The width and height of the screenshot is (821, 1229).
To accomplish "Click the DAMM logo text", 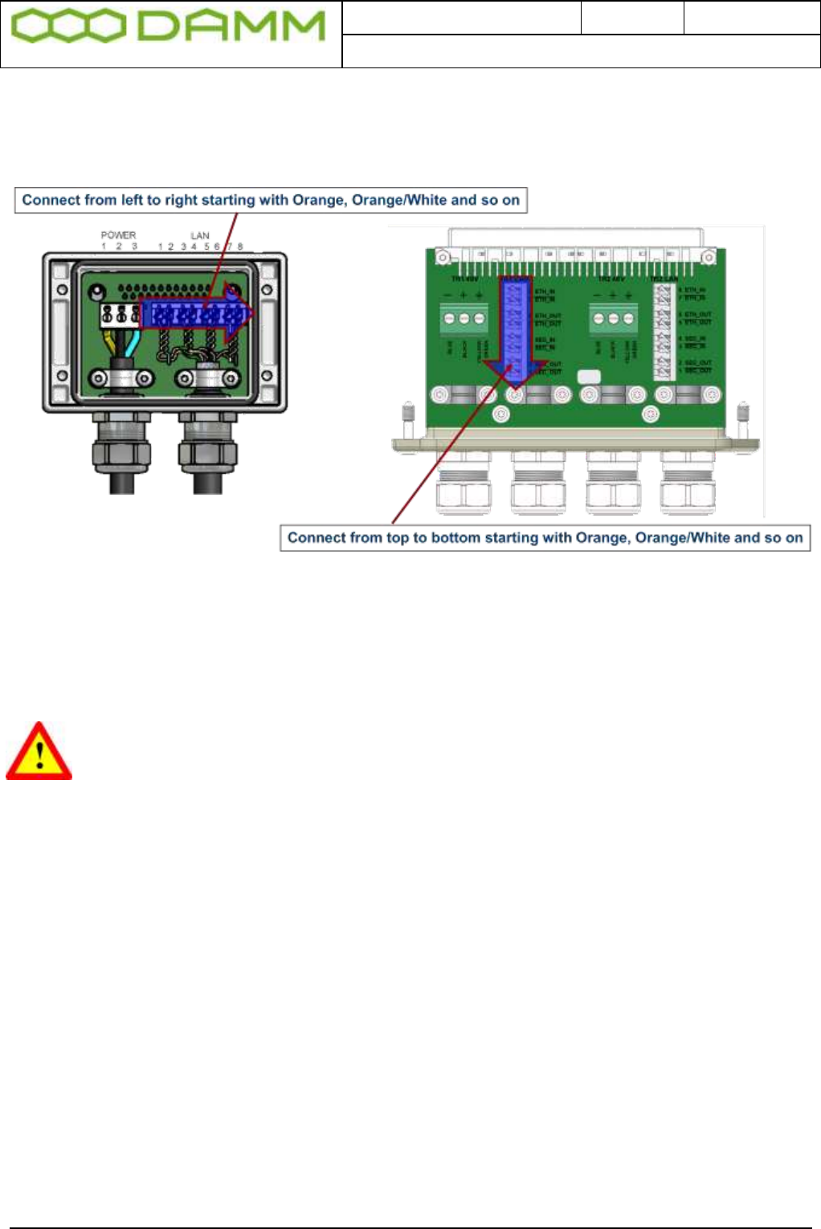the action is pos(231,27).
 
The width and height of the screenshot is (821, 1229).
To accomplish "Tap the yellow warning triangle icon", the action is pos(39,753).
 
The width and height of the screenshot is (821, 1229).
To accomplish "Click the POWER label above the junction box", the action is pos(118,235).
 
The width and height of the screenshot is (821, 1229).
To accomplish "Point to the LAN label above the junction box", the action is pos(200,235).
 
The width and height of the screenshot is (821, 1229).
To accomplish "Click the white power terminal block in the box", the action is pos(117,314).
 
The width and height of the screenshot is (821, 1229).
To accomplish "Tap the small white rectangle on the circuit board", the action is pos(589,376).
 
